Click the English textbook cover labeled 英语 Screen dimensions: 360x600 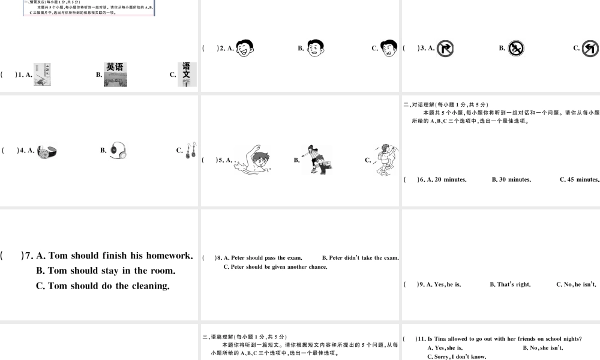pos(115,75)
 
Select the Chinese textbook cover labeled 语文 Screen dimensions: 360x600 pos(187,74)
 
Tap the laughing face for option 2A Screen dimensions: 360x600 pos(245,49)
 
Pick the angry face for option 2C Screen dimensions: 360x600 pos(389,49)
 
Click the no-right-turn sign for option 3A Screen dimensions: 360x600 pos(445,49)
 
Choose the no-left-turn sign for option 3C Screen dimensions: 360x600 pos(590,49)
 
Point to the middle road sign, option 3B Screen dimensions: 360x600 pos(516,49)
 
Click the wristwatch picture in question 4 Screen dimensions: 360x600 pos(47,152)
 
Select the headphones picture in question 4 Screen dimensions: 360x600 pos(118,151)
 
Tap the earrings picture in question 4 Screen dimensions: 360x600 pos(191,151)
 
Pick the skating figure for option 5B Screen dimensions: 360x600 pos(316,160)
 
